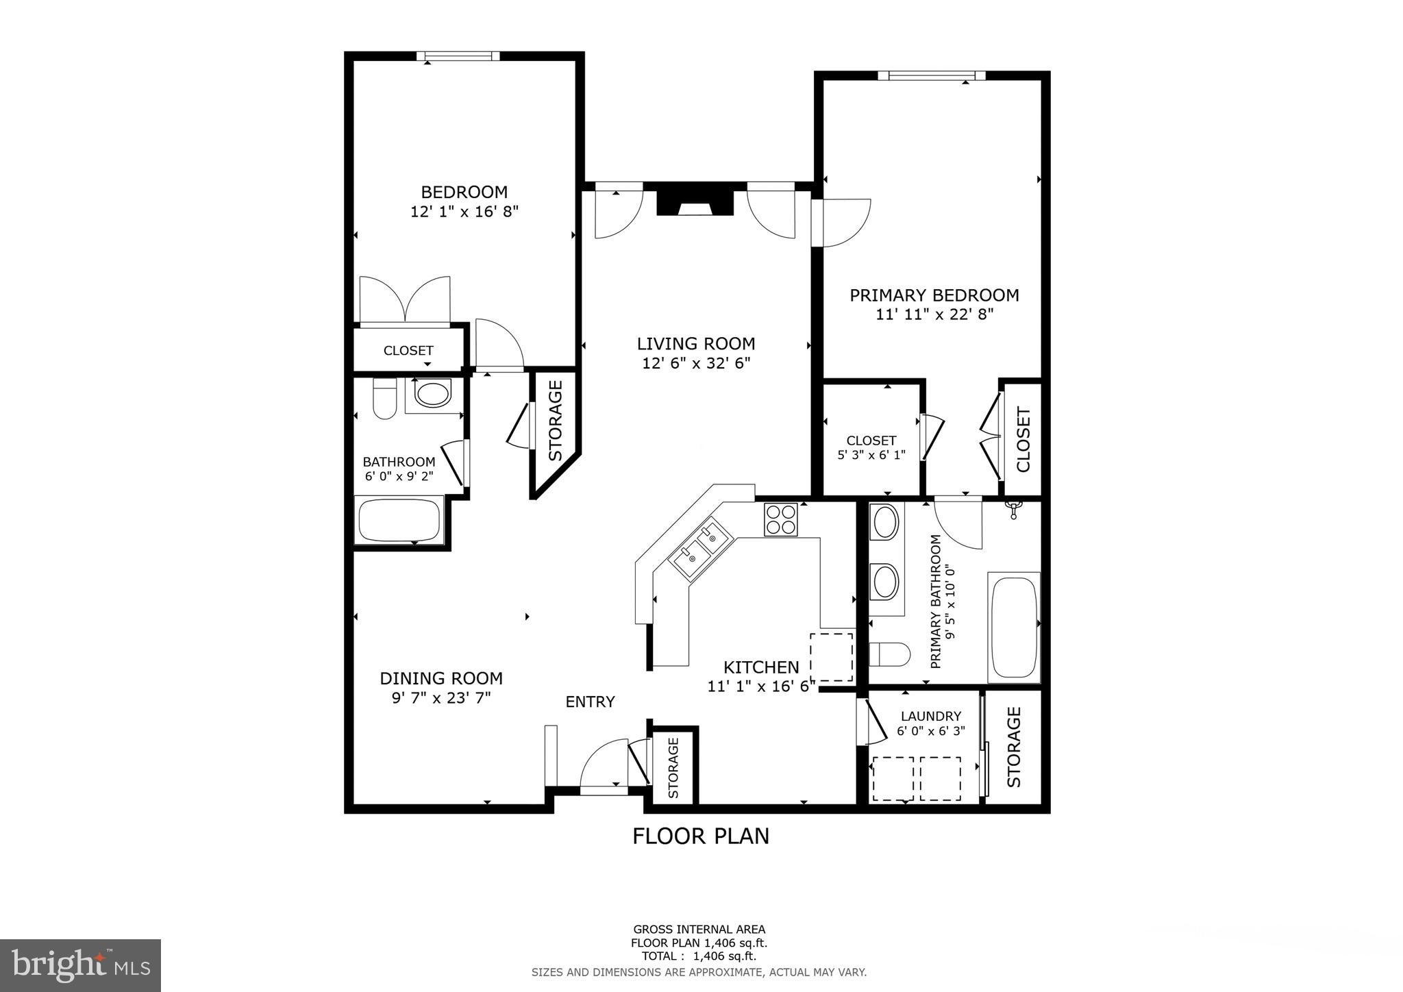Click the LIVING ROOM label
pos(696,343)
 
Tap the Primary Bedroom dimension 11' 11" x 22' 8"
pos(934,314)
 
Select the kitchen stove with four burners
pos(781,519)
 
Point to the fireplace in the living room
pos(695,203)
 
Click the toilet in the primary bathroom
pos(889,654)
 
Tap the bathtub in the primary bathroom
pos(1014,627)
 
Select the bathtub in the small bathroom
pos(399,521)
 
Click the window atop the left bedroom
pos(458,56)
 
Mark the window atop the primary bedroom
pos(931,75)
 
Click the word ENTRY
pos(590,702)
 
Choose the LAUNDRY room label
pos(930,716)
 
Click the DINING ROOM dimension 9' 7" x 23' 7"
pos(440,698)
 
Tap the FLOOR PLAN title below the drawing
pos(700,836)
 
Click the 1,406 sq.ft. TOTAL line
pos(699,956)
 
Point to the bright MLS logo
pos(80,965)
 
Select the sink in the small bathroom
pos(433,395)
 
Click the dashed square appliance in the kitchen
pos(831,656)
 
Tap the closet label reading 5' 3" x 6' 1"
pos(871,454)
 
